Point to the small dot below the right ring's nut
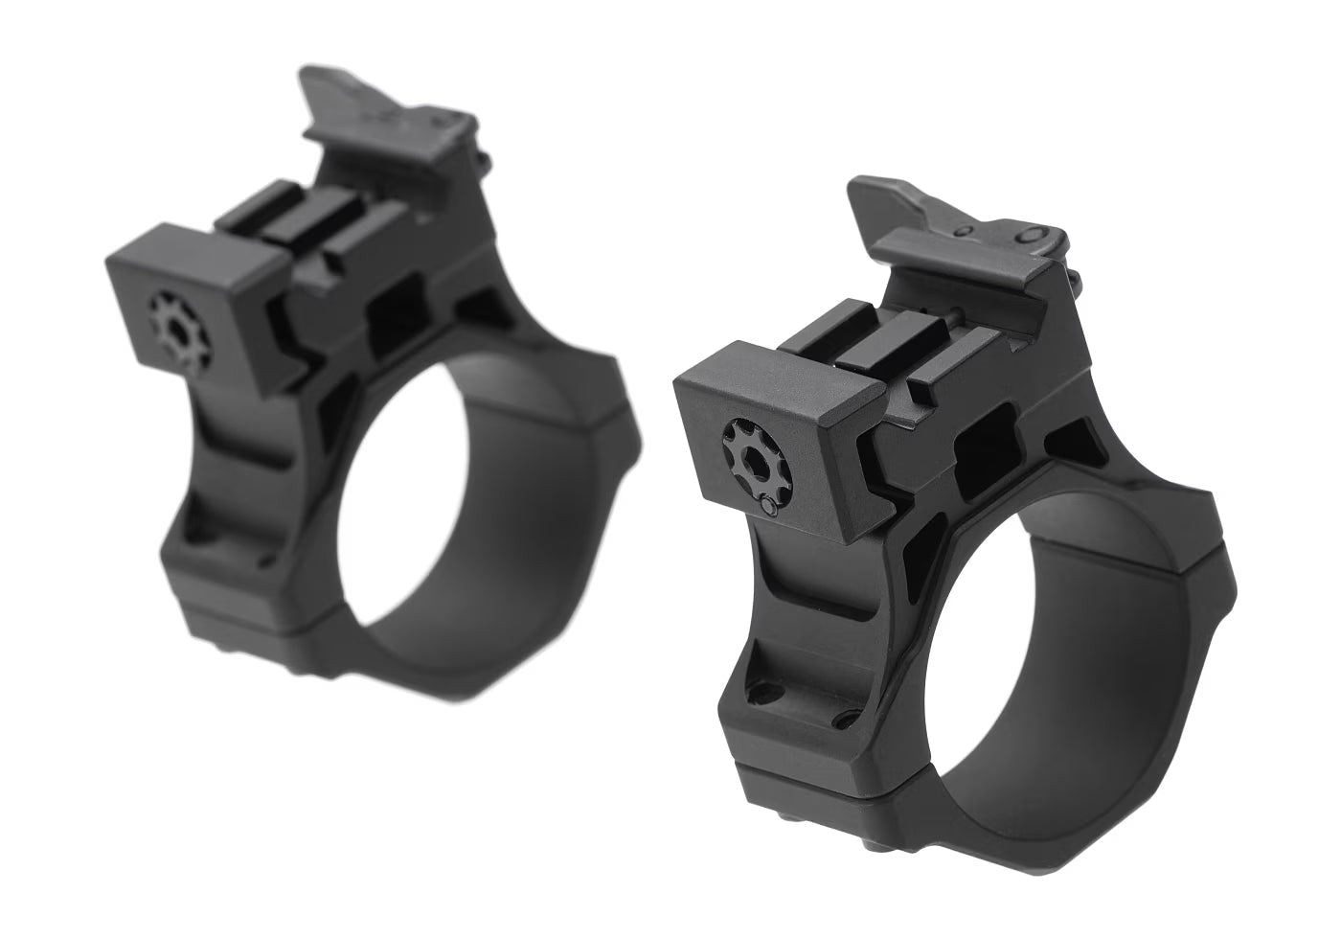[x=766, y=504]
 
